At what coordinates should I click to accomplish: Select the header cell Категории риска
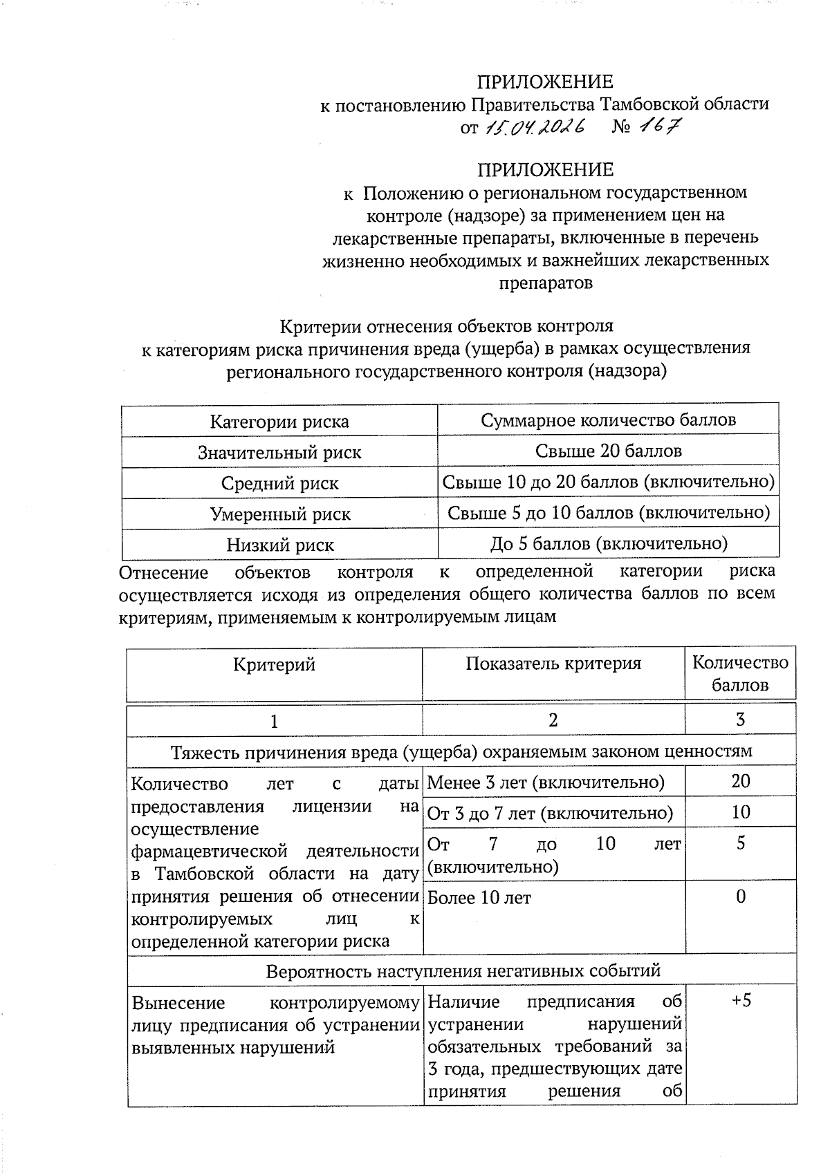pyautogui.click(x=279, y=422)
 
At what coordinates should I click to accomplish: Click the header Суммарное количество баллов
pyautogui.click(x=608, y=420)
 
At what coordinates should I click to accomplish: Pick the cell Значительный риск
pyautogui.click(x=279, y=453)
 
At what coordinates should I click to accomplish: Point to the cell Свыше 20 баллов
pyautogui.click(x=608, y=451)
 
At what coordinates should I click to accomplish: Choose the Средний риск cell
pyautogui.click(x=279, y=483)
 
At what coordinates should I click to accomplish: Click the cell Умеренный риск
pyautogui.click(x=279, y=514)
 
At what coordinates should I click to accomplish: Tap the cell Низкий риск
pyautogui.click(x=279, y=545)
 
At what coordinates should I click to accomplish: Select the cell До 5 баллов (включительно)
pyautogui.click(x=608, y=543)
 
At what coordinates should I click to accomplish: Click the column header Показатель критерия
pyautogui.click(x=553, y=664)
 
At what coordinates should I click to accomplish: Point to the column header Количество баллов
pyautogui.click(x=740, y=674)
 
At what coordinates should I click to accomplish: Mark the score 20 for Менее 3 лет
pyautogui.click(x=740, y=781)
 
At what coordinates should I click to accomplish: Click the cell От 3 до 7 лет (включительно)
pyautogui.click(x=550, y=813)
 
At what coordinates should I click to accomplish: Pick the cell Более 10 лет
pyautogui.click(x=479, y=898)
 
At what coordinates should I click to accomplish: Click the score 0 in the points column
pyautogui.click(x=740, y=897)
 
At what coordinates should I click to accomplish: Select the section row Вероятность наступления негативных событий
pyautogui.click(x=463, y=970)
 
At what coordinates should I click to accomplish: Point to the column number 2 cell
pyautogui.click(x=553, y=720)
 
